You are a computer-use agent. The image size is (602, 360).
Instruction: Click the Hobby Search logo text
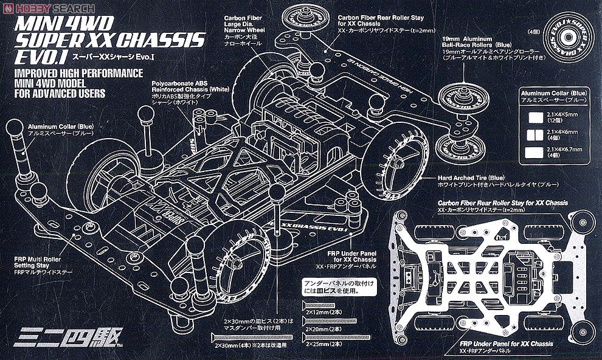[55, 7]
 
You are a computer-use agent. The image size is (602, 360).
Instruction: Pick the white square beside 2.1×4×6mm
[536, 134]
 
